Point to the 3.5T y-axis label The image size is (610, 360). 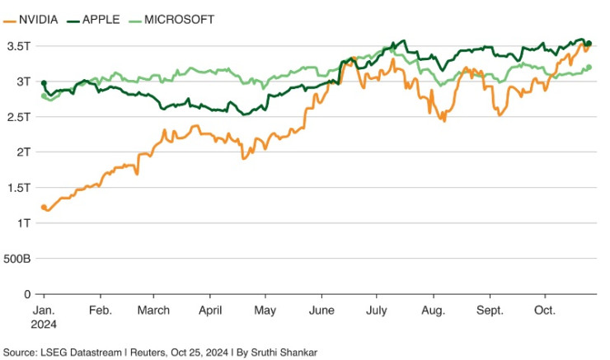[19, 46]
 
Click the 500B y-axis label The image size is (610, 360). [17, 259]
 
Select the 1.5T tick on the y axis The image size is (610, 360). [19, 188]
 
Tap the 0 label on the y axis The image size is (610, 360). [27, 294]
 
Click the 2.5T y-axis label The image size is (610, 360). [19, 117]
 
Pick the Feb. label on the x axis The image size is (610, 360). [100, 311]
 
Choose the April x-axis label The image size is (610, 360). [210, 311]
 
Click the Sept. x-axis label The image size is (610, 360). [490, 311]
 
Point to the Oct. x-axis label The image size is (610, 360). [545, 311]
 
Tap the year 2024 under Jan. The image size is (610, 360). [44, 324]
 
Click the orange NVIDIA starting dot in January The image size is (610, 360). [44, 208]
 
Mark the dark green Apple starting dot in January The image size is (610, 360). [44, 83]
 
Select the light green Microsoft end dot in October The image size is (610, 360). [589, 68]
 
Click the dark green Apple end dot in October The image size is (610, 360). [589, 44]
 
